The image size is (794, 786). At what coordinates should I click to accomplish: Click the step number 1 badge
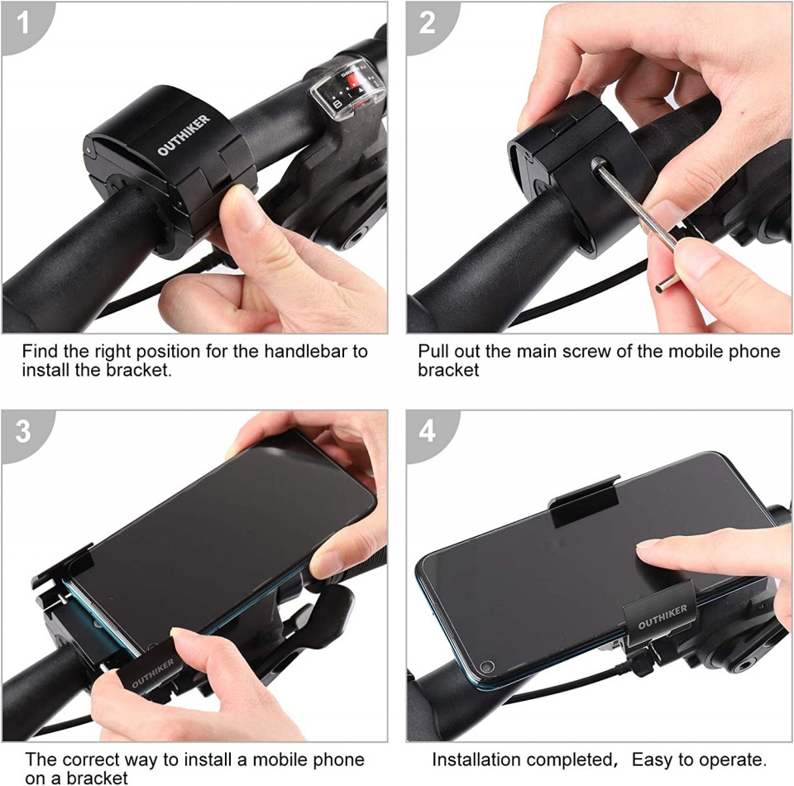[23, 23]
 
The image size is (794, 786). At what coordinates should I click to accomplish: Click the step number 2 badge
[427, 23]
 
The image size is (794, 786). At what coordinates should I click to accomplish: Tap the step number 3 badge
[23, 432]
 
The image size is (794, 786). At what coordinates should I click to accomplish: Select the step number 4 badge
[427, 432]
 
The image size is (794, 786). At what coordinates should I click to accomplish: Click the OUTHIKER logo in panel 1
[184, 135]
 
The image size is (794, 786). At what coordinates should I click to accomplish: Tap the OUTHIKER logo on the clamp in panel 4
[662, 616]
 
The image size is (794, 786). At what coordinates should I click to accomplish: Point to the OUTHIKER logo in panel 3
[152, 673]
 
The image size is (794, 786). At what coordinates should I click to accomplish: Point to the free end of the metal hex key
[661, 290]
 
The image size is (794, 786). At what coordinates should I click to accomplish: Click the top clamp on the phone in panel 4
[585, 501]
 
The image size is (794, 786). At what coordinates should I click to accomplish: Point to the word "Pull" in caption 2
[433, 351]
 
